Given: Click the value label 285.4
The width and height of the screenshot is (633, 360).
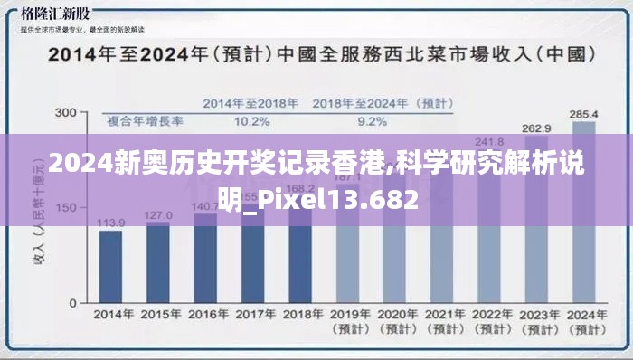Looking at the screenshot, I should point(583,115).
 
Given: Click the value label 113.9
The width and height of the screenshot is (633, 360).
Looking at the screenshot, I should point(110,223).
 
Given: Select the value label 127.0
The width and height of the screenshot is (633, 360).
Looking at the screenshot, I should point(157,215).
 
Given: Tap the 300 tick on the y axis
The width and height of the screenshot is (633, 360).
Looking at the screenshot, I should point(65,112).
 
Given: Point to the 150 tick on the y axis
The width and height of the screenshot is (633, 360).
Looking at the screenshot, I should point(65,207).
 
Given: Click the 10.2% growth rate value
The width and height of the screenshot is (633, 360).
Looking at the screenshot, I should point(251,121).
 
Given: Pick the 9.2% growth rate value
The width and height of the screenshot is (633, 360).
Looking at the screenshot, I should point(373,121).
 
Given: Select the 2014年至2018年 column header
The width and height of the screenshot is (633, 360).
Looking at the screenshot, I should point(251,104).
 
